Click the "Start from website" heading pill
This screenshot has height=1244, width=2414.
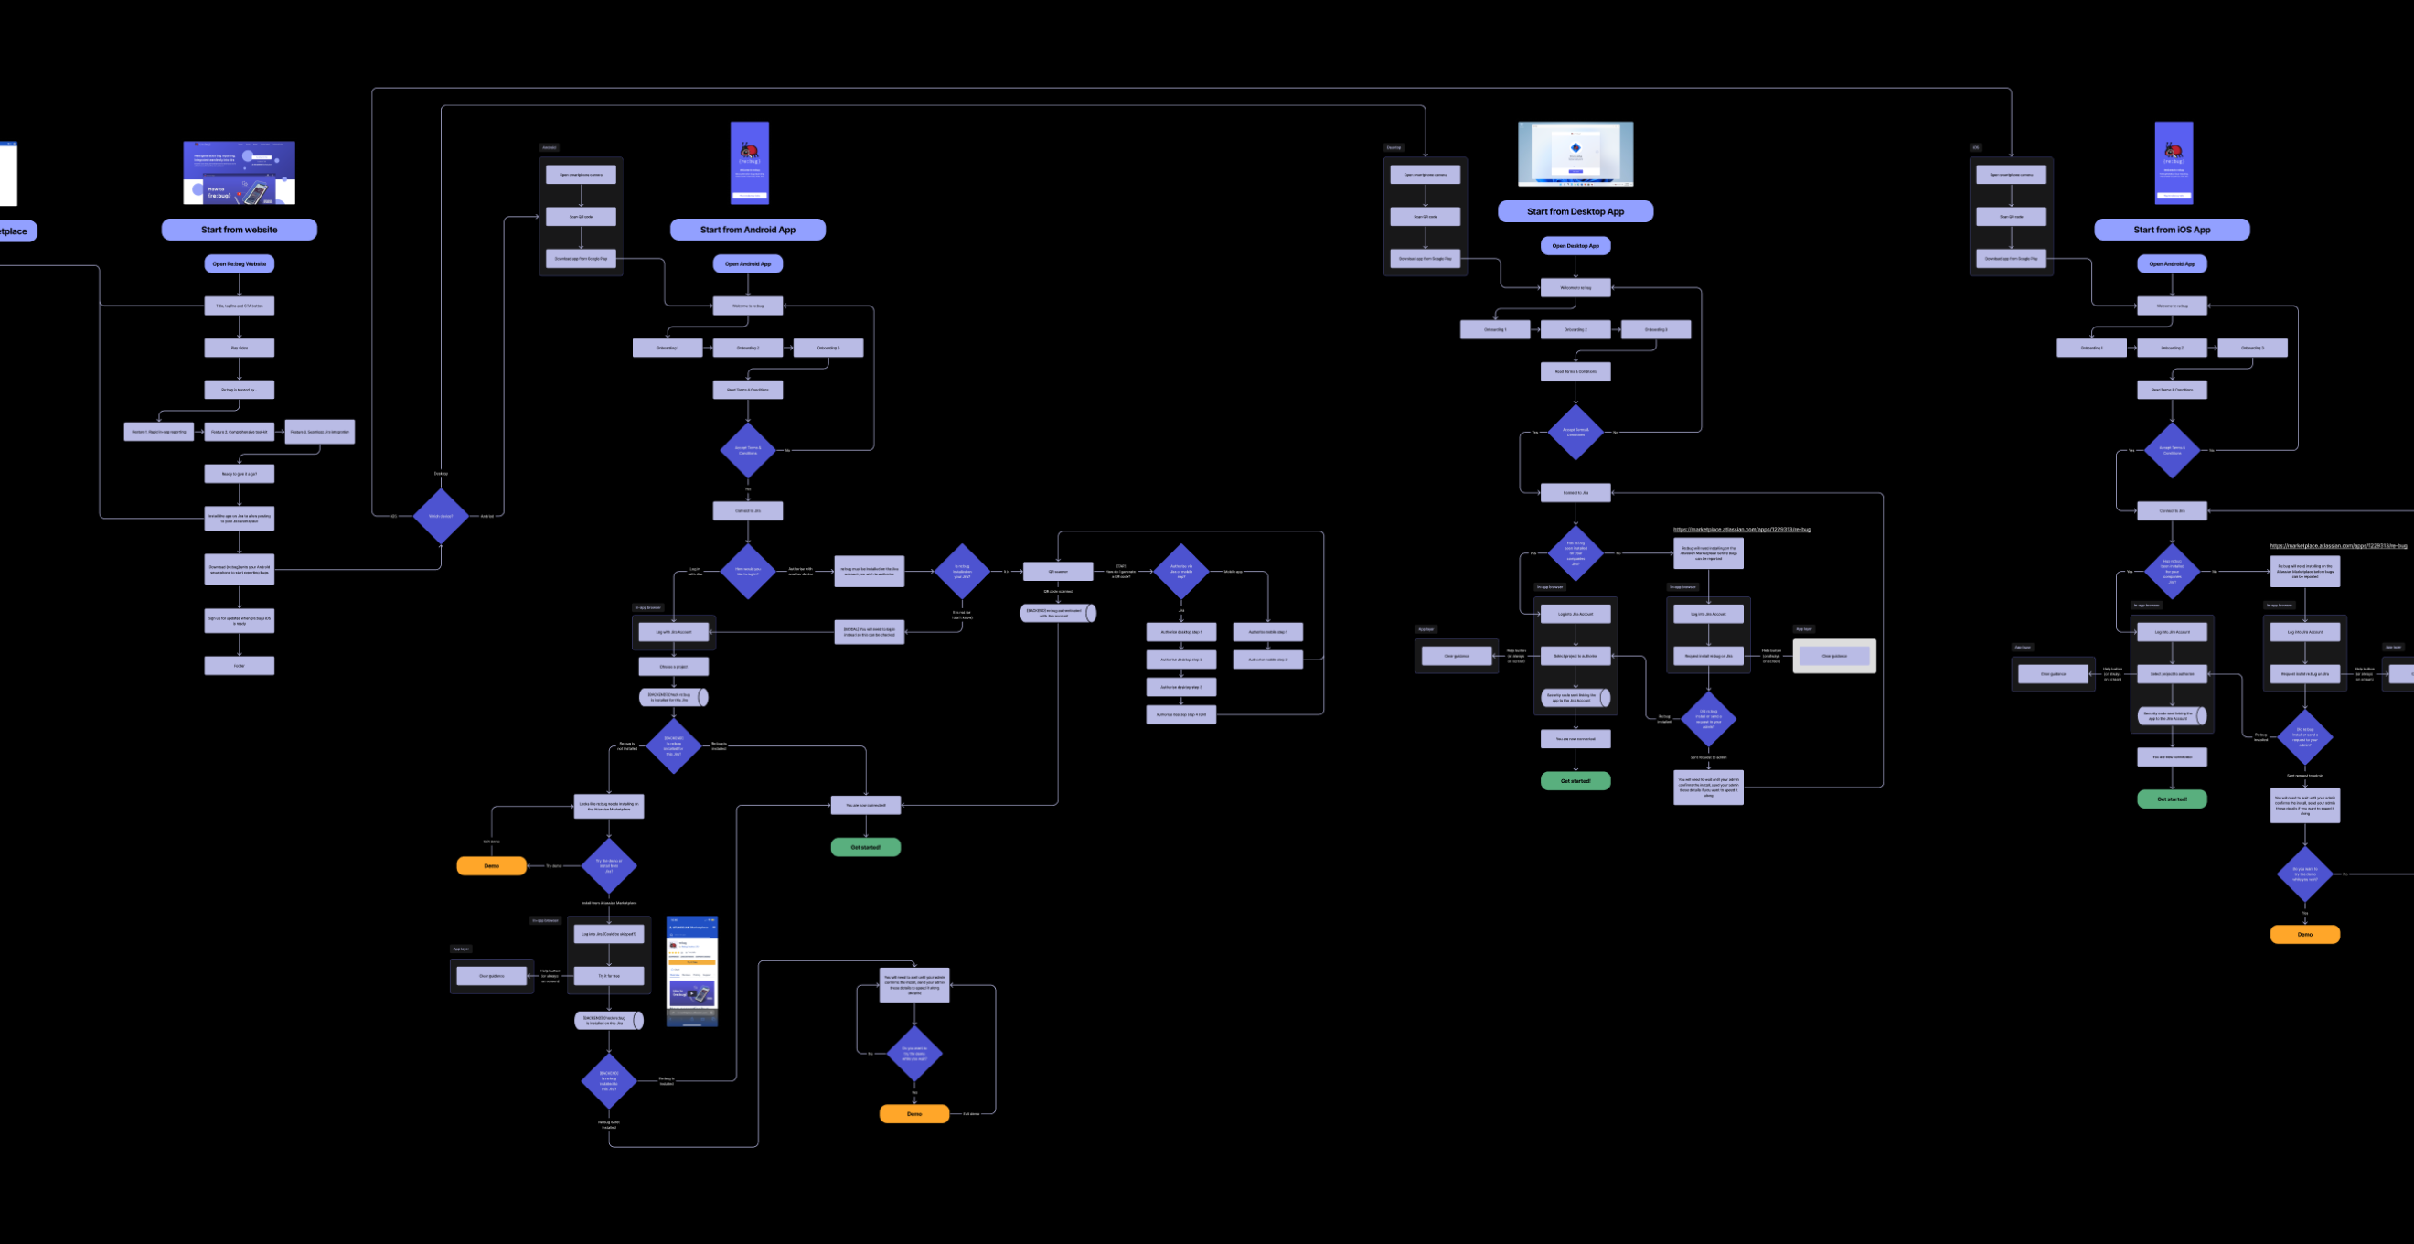tap(239, 230)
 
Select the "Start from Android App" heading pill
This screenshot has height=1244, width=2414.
tap(747, 230)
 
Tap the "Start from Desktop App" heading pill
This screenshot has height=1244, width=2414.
tap(1575, 212)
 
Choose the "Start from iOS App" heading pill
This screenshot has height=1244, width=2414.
tap(2172, 230)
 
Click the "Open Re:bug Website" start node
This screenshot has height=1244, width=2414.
tap(239, 264)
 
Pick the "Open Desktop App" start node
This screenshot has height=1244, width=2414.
tap(1576, 246)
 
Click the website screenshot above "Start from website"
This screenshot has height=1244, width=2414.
tap(239, 173)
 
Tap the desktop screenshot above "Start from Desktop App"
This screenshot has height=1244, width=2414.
tap(1576, 154)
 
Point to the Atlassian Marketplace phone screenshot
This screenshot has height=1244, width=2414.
tap(691, 971)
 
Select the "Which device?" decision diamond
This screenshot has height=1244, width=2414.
tap(441, 516)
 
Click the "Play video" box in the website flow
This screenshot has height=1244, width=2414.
tap(239, 348)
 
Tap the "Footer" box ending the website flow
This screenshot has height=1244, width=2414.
tap(239, 666)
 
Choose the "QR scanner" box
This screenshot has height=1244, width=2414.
tap(1057, 571)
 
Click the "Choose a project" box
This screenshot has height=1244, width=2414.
tap(673, 667)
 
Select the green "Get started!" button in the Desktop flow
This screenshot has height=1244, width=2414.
tap(1576, 781)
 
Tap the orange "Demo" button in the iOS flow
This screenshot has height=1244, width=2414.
tap(2304, 935)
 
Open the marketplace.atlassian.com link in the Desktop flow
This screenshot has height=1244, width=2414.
tap(1741, 530)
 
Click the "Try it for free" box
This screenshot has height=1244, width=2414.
tap(609, 976)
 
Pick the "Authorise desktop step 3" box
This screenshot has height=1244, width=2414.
tap(1180, 687)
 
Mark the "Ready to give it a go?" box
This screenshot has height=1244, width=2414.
tap(239, 475)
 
